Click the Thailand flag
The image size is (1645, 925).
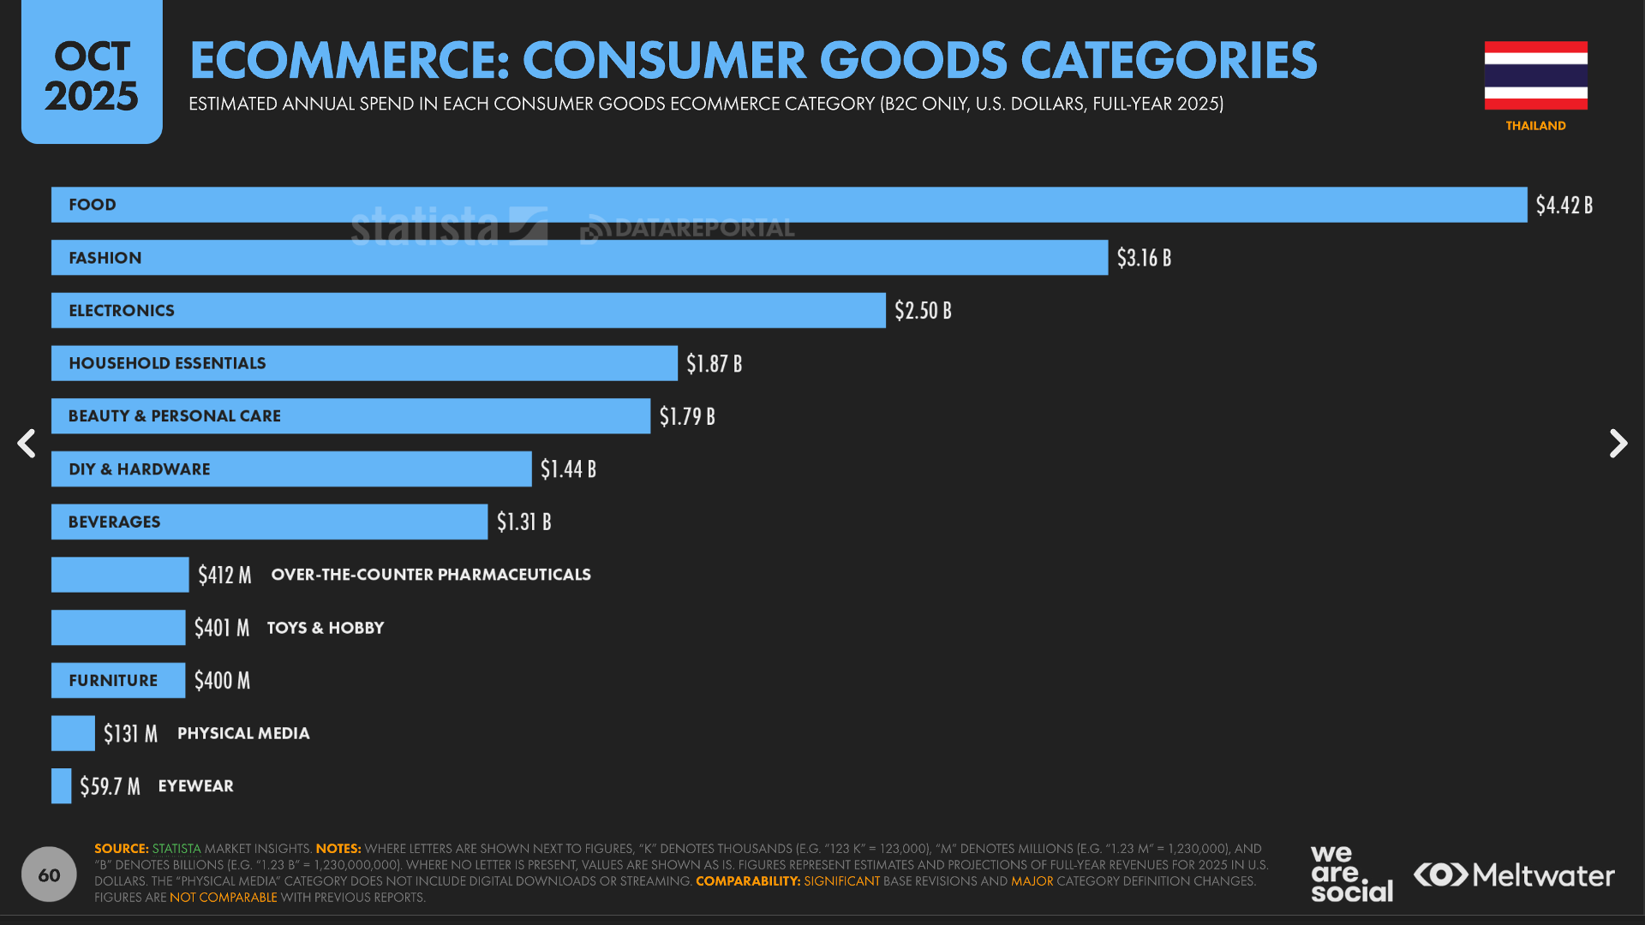coord(1535,75)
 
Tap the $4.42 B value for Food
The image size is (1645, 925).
coord(1564,206)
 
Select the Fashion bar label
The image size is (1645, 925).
coord(105,258)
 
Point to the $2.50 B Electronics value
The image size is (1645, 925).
coord(923,311)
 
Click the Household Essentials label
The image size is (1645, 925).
coord(167,363)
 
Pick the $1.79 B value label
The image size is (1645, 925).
coord(687,416)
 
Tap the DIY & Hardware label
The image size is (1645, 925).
coord(140,469)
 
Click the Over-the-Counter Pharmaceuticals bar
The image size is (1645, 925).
coord(120,575)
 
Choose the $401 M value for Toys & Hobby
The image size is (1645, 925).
coord(222,628)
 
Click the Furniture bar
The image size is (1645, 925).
coord(118,680)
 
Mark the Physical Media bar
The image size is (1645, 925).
coord(73,733)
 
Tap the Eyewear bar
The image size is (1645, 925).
coord(61,785)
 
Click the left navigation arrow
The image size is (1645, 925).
coord(27,444)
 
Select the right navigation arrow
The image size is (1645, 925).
coord(1618,444)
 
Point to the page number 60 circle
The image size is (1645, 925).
coord(49,874)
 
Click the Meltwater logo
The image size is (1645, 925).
coord(1514,874)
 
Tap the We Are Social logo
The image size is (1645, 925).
coord(1351,874)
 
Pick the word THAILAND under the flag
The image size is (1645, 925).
coord(1535,126)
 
